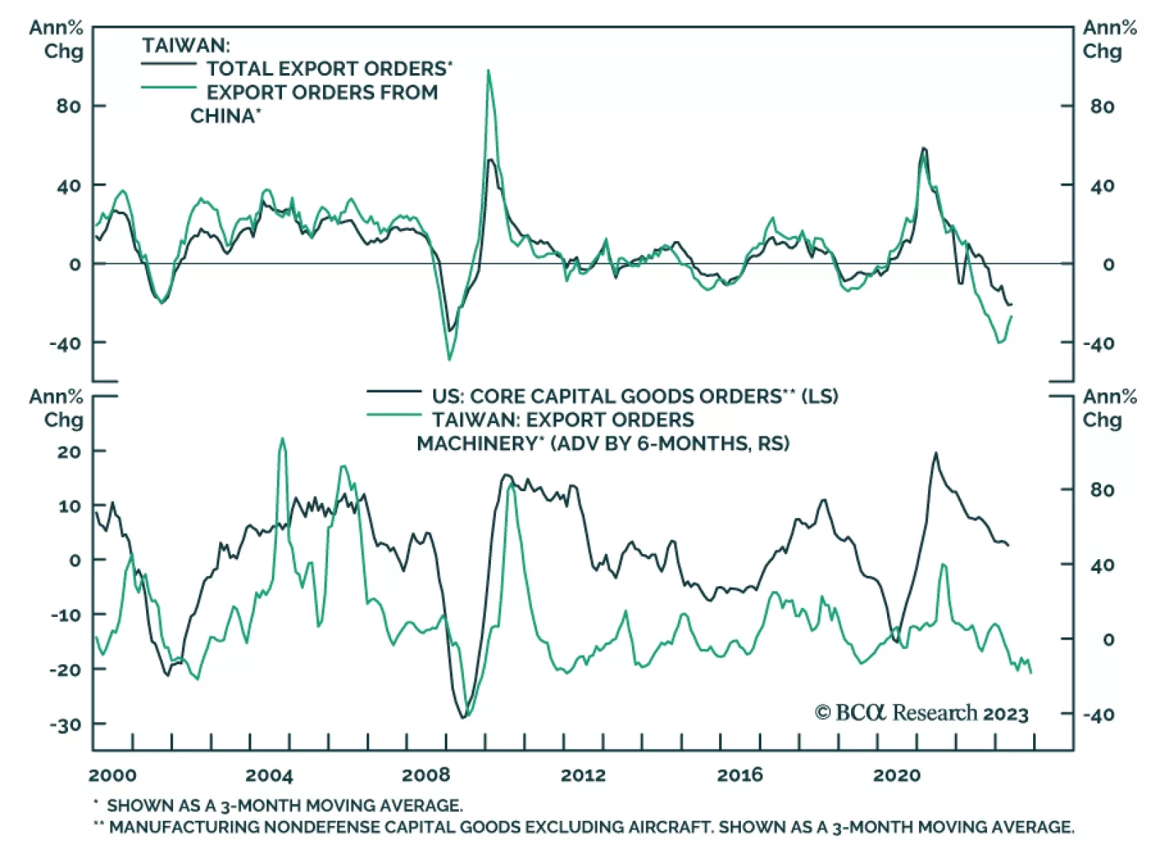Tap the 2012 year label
coord(582,775)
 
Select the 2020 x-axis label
coord(896,775)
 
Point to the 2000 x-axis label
coord(113,775)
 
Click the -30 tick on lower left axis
coord(65,725)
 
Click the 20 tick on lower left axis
coord(69,452)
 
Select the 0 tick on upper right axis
coord(1108,264)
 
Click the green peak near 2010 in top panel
coord(488,71)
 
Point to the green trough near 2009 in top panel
coord(449,359)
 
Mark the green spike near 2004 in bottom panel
coord(283,439)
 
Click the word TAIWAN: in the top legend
coord(186,45)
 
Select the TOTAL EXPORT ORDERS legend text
coord(326,69)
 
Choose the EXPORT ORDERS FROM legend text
coord(322,92)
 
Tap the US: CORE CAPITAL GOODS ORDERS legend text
coord(606,396)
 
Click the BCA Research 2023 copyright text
coord(921,713)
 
